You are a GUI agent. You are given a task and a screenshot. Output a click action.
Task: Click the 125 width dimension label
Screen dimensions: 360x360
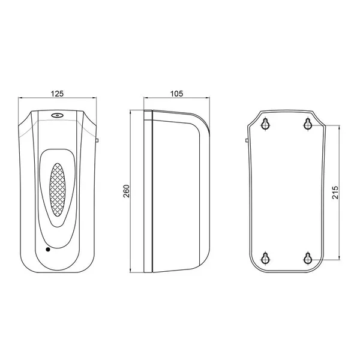(x=57, y=94)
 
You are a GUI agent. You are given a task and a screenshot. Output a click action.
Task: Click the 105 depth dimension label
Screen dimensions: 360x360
(x=176, y=94)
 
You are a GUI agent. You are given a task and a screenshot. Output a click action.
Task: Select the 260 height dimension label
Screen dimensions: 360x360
(x=127, y=191)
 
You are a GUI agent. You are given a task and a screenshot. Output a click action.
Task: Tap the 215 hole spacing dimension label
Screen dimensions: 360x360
(x=335, y=193)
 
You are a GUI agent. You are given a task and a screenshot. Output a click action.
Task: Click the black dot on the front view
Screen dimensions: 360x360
(x=48, y=250)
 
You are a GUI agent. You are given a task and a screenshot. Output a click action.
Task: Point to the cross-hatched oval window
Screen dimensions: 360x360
(x=57, y=190)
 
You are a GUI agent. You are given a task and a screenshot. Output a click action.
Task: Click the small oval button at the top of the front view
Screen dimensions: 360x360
(x=57, y=115)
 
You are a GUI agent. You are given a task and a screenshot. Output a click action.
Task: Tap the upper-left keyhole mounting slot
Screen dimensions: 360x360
(x=266, y=124)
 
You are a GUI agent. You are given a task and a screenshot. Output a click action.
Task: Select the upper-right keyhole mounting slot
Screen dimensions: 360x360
(x=308, y=124)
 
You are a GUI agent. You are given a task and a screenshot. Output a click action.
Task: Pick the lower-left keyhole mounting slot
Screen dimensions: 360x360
(x=265, y=259)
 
